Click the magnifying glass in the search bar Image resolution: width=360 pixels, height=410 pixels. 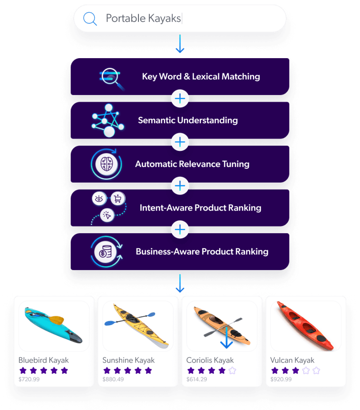pos(90,18)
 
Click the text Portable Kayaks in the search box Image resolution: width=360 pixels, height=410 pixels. pos(143,18)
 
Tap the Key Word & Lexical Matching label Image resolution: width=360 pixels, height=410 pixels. pos(201,76)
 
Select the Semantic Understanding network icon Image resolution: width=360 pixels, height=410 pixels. pos(108,120)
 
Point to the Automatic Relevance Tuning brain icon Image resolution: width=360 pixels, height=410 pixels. pos(106,164)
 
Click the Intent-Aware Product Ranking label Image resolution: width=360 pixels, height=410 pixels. pos(200,208)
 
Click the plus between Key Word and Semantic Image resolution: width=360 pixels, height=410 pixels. pos(180,98)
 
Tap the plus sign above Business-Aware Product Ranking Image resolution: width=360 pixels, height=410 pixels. pos(180,230)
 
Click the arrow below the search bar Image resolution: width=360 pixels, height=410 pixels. pos(180,43)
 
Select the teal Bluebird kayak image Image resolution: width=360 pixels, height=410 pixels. pos(53,325)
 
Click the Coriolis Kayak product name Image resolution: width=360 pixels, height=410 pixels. pos(210,360)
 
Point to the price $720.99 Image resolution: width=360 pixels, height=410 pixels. pos(29,379)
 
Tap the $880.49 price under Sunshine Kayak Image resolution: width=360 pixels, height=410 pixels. pos(113,379)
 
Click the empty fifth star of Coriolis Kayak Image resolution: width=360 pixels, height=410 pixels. pos(232,370)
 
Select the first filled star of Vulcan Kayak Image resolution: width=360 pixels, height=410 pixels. pos(274,370)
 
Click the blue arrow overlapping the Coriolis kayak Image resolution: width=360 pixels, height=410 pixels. pos(227,337)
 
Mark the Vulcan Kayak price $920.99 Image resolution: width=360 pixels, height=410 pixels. pos(281,379)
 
